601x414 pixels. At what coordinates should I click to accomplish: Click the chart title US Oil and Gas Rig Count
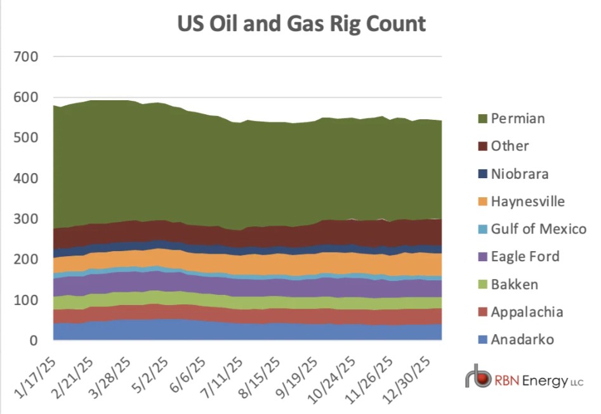pos(301,24)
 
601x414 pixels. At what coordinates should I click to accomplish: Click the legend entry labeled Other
pos(509,146)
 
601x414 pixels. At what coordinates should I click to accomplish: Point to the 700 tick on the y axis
pos(27,57)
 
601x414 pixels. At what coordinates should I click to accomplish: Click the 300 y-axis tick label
pos(27,219)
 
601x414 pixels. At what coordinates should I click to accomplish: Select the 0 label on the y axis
pos(34,341)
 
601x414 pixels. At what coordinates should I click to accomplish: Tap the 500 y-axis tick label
pos(27,138)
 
